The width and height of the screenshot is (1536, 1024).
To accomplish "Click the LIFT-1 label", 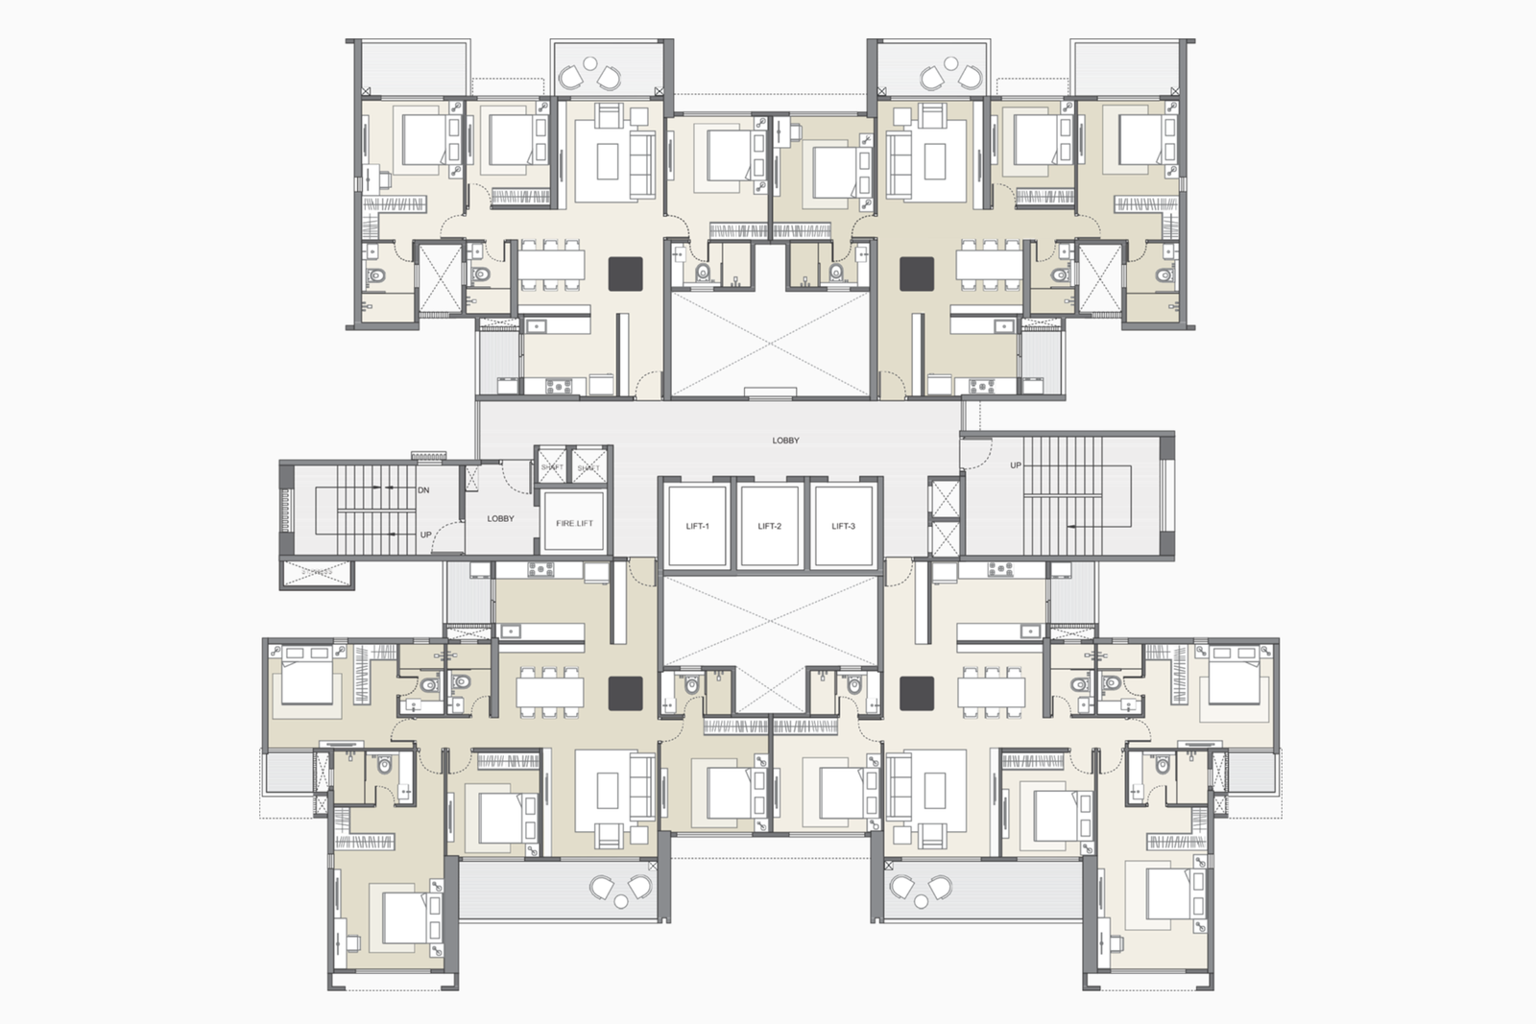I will [x=698, y=526].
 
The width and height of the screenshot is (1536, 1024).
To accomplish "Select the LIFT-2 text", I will [x=769, y=526].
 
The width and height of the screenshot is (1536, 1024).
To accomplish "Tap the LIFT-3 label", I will [x=843, y=526].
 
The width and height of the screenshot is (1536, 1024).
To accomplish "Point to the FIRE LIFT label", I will [x=574, y=523].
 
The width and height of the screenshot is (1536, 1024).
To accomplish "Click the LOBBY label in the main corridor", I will [x=785, y=441].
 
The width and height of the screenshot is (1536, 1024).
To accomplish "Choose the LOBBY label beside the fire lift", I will [x=500, y=518].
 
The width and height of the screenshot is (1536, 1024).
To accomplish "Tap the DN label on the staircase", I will [x=423, y=490].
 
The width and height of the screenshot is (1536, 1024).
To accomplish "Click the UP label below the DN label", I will [x=425, y=535].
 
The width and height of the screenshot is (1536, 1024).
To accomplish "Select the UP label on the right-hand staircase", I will [x=1016, y=465].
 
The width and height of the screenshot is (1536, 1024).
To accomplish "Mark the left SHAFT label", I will [x=551, y=467].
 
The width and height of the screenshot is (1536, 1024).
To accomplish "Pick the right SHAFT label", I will [x=588, y=467].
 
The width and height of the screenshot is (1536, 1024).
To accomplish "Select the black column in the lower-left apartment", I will [x=625, y=693].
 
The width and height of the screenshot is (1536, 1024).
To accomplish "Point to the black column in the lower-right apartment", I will [x=917, y=693].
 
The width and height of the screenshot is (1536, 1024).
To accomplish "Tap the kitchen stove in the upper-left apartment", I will [x=558, y=387].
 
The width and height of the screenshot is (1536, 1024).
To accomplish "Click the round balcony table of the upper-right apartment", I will [x=950, y=64].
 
